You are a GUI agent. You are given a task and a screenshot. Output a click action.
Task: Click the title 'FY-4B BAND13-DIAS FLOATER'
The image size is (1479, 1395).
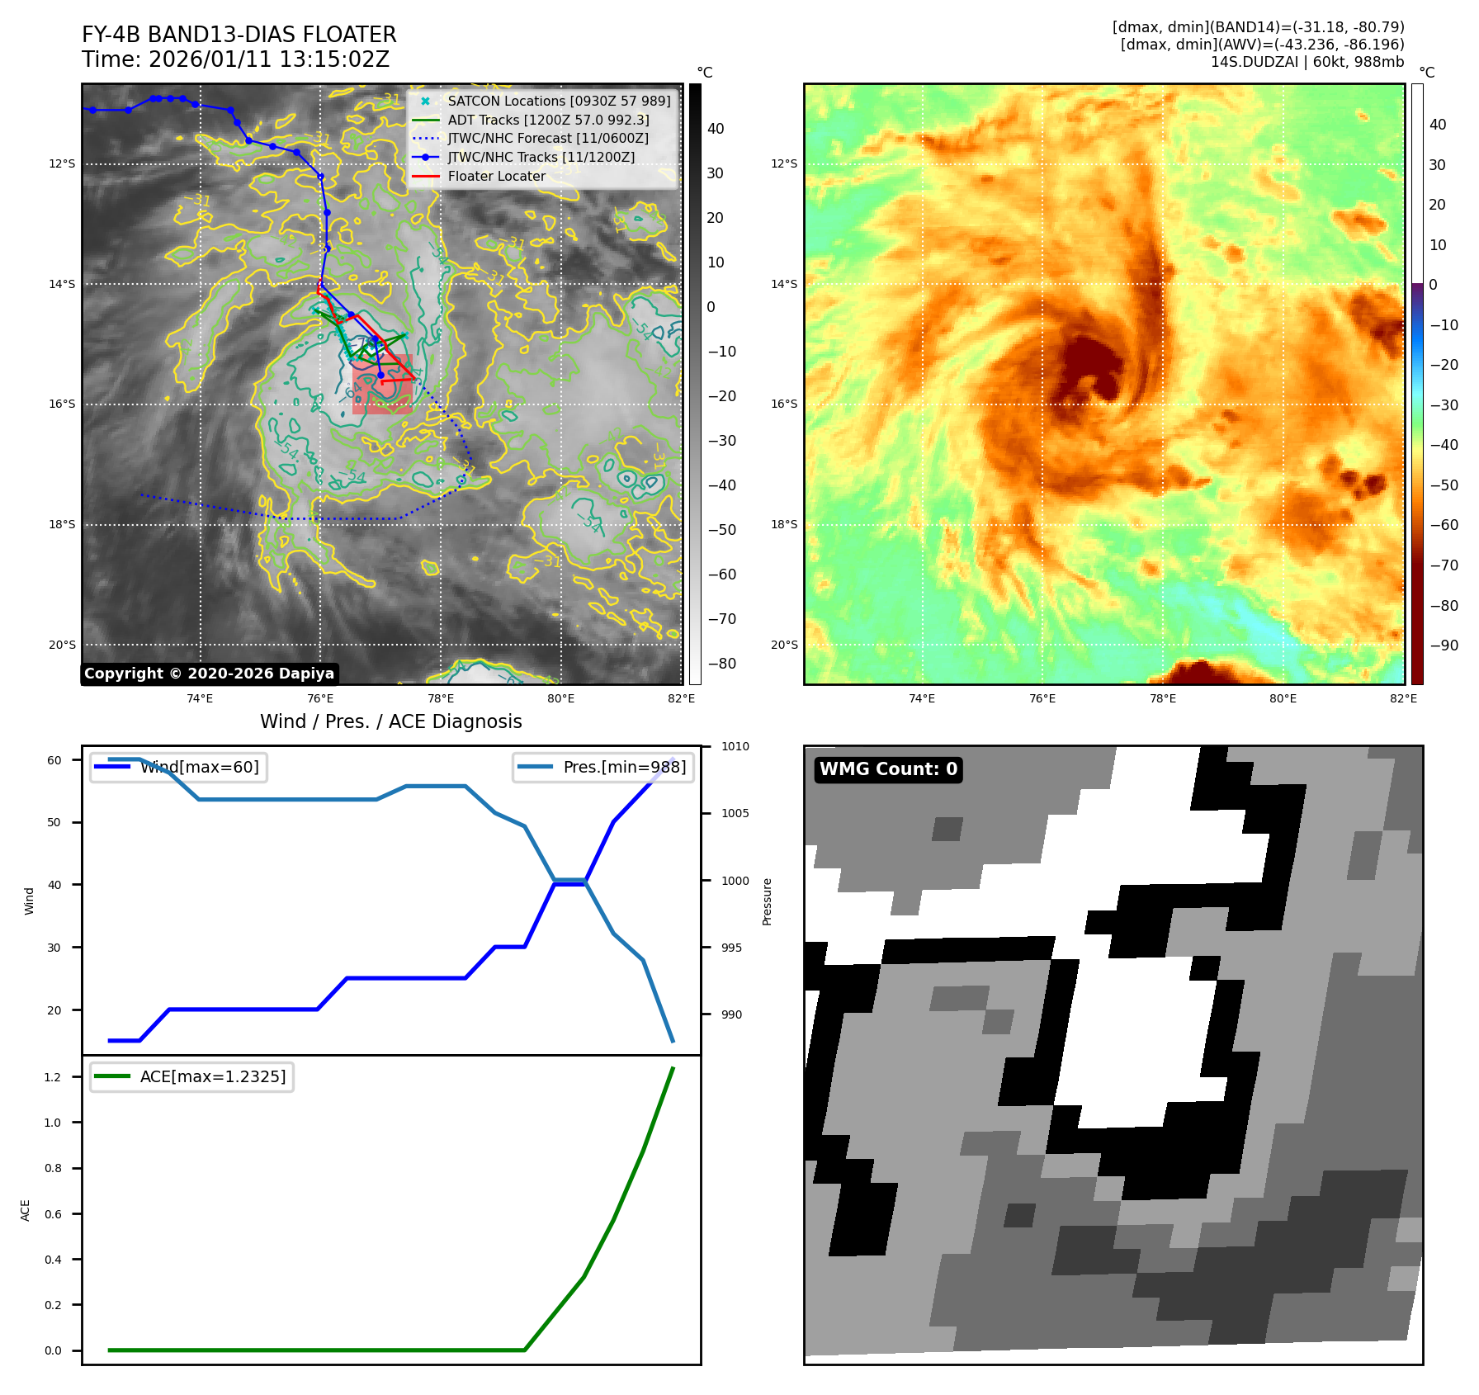239,35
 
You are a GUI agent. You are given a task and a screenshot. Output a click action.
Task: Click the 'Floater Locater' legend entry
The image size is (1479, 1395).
496,176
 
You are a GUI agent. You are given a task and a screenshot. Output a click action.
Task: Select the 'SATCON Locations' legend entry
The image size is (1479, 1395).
559,101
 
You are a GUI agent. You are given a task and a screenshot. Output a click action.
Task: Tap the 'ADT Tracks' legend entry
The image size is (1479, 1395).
548,120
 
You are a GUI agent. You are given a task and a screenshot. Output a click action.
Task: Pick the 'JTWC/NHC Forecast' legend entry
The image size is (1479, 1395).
547,138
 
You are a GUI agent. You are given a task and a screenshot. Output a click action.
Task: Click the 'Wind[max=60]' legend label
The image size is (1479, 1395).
199,767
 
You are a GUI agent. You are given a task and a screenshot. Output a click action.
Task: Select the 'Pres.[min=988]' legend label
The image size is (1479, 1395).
624,767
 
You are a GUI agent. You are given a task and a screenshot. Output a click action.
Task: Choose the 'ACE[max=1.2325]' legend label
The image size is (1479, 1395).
213,1076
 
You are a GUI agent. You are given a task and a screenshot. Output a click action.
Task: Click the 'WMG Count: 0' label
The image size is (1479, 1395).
888,769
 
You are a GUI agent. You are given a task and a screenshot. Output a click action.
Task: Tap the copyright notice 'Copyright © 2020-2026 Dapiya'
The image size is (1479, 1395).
209,674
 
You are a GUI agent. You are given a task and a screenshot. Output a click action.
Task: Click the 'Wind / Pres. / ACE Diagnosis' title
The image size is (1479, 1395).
390,721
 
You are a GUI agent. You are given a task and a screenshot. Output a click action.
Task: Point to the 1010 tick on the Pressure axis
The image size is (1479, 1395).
735,746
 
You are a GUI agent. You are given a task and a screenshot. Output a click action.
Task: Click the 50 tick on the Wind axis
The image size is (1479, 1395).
54,822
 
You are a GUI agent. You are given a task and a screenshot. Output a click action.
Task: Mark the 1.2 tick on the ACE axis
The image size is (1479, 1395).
52,1077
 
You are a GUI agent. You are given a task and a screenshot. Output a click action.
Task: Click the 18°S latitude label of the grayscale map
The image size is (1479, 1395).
61,524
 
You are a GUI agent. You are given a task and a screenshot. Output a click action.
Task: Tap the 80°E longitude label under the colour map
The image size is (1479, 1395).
1283,698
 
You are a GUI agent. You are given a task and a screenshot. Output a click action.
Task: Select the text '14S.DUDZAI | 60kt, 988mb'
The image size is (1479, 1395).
1307,62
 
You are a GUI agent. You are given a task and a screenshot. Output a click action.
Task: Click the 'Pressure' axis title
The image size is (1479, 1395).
767,901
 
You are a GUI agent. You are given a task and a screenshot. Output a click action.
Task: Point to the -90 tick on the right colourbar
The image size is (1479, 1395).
1444,645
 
